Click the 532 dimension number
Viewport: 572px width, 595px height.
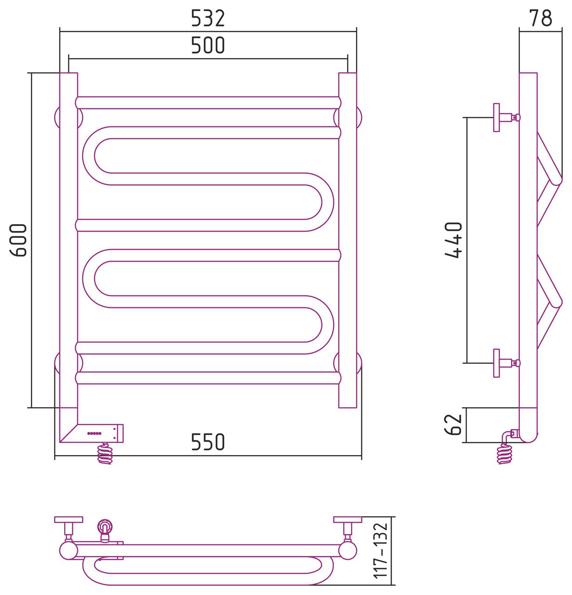(208, 18)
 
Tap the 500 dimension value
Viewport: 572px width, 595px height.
(208, 45)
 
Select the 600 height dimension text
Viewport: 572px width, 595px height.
(18, 240)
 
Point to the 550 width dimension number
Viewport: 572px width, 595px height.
(208, 442)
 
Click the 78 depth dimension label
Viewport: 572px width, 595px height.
(541, 18)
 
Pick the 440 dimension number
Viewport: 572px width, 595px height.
(453, 240)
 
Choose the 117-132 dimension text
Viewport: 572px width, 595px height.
(380, 551)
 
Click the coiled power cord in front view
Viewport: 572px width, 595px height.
(105, 454)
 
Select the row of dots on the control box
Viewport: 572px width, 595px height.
(94, 433)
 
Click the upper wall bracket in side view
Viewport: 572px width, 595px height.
(506, 118)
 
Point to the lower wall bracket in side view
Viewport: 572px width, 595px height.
(506, 363)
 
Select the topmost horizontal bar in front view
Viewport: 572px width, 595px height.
(208, 103)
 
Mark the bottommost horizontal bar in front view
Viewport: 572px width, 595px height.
(208, 378)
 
